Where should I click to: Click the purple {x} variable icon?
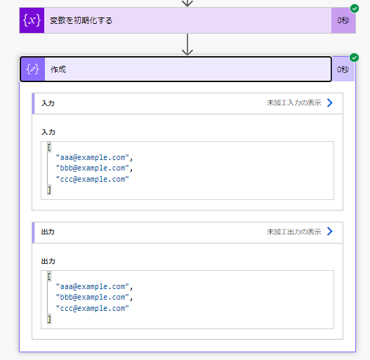tap(32, 20)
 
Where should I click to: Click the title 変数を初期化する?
tap(81, 20)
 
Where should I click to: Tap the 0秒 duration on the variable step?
tap(343, 20)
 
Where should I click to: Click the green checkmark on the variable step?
tap(354, 8)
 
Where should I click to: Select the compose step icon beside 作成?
tap(32, 69)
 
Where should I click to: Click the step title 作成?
tap(58, 69)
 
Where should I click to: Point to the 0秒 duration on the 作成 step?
tap(343, 69)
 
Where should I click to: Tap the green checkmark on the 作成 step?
tap(354, 58)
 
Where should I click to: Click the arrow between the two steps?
tap(187, 44)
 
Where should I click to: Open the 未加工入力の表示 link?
tap(294, 103)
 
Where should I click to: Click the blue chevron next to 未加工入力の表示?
tap(330, 103)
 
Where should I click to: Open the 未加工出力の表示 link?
tap(294, 232)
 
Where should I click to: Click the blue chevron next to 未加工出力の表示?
tap(330, 232)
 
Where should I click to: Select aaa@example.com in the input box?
tap(93, 157)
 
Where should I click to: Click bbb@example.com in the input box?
tap(93, 168)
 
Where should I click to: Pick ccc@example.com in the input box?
tap(93, 179)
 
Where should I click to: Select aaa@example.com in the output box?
tap(93, 286)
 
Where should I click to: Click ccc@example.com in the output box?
tap(93, 308)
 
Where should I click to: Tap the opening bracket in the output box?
tap(49, 276)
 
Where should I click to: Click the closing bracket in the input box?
tap(49, 190)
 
